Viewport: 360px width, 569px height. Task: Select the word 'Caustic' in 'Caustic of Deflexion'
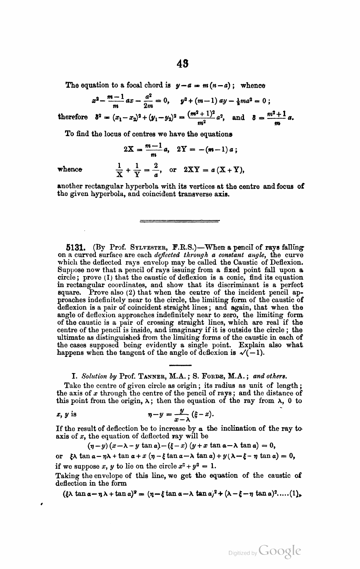tap(240, 262)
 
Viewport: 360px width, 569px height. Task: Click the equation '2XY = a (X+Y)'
tap(213, 170)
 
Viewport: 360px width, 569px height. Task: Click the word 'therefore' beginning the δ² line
tap(72, 117)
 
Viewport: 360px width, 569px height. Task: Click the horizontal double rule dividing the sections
tap(179, 221)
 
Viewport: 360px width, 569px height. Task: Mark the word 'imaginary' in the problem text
tap(184, 330)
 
